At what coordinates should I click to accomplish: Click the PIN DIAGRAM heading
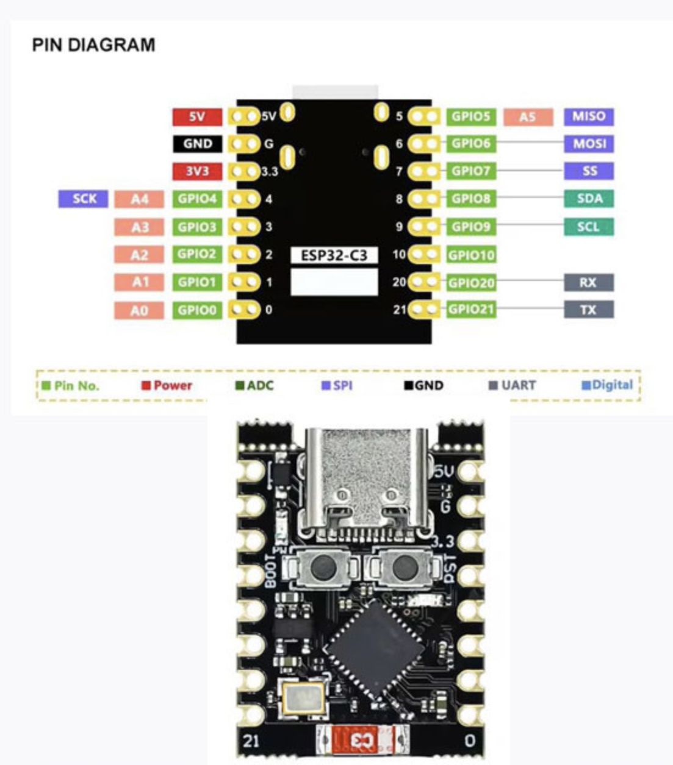(93, 45)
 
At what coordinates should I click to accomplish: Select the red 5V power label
(196, 116)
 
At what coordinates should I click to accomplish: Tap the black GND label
(197, 144)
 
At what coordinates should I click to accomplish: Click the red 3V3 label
(196, 171)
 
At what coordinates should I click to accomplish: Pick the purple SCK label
(83, 199)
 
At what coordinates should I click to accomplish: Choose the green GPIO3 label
(196, 227)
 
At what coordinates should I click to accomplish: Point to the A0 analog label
(139, 310)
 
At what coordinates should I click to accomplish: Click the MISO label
(588, 116)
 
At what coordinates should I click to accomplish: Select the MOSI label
(589, 144)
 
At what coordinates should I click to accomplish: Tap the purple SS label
(589, 171)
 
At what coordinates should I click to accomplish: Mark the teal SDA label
(589, 199)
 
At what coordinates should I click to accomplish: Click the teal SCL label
(588, 227)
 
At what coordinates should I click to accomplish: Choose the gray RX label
(588, 282)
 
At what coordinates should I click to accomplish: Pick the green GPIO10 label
(471, 255)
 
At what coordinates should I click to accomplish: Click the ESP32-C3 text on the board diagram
(334, 255)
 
